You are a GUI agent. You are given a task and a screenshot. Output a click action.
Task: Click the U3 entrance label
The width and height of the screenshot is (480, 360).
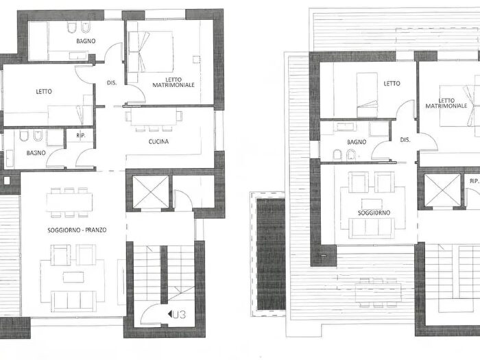tap(179, 314)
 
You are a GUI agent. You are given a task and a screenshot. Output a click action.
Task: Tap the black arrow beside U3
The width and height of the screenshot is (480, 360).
tap(169, 314)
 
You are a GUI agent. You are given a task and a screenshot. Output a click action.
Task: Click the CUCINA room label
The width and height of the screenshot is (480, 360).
tap(158, 141)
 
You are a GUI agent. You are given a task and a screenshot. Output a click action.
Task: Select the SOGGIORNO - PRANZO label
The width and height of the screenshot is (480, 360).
tap(77, 230)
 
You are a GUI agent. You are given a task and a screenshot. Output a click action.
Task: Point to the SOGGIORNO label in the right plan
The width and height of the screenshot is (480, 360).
tap(374, 213)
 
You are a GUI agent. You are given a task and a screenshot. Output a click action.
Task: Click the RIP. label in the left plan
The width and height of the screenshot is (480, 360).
tap(81, 135)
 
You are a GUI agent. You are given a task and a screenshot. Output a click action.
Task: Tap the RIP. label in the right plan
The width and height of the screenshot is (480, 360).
tap(475, 181)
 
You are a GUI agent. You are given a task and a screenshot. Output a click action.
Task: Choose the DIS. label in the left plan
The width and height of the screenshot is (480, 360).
tap(112, 83)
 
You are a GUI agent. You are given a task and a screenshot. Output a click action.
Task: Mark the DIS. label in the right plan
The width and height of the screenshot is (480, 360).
tap(405, 140)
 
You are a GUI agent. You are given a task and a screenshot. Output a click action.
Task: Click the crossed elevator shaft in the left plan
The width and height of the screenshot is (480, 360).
tap(151, 191)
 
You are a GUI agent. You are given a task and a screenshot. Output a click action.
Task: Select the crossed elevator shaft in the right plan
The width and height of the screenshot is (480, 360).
tap(442, 190)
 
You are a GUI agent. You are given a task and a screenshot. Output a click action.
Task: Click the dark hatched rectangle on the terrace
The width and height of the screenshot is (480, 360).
tap(271, 254)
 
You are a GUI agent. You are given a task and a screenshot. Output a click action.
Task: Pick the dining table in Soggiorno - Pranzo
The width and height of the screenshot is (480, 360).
tap(69, 202)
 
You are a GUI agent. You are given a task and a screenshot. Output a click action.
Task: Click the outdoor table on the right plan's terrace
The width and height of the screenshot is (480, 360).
tap(378, 293)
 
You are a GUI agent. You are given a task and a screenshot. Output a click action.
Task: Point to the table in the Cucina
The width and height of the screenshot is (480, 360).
tap(154, 117)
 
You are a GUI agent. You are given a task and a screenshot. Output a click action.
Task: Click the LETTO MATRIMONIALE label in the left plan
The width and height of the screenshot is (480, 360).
tap(173, 82)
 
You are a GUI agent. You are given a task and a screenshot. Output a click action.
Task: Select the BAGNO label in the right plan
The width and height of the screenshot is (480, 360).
tap(357, 142)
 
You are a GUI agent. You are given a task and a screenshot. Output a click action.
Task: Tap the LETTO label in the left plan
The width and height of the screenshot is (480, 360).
tap(44, 91)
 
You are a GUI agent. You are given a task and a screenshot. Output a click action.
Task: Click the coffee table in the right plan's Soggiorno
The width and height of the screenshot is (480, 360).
tap(372, 204)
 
